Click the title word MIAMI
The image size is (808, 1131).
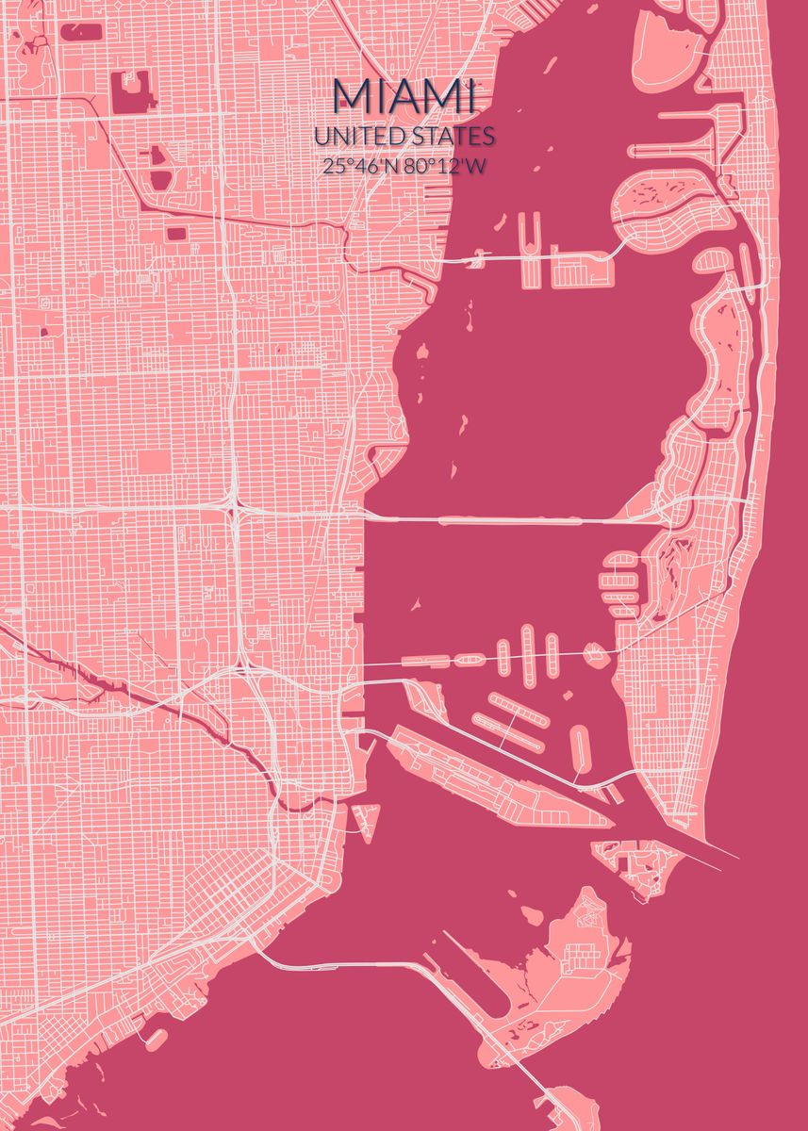coord(404,97)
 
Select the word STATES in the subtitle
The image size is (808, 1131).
coord(451,138)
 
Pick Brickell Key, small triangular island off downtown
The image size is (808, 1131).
coord(365,815)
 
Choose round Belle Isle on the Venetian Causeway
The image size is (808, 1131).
coord(595,652)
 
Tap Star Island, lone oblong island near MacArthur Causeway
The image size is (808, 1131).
coord(581,748)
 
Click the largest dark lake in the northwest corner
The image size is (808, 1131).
coord(132,91)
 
